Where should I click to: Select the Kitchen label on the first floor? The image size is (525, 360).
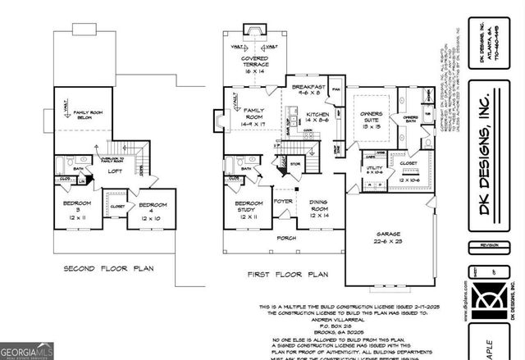coord(317,115)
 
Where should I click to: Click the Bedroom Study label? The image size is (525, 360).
coord(249,207)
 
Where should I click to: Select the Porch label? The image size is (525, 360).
coord(286,239)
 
